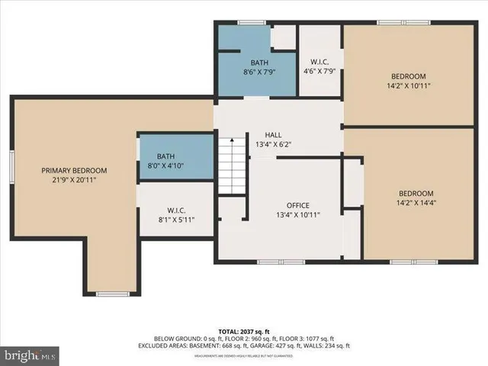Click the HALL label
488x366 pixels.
273,134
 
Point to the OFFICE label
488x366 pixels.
297,205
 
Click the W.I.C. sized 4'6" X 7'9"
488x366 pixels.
319,66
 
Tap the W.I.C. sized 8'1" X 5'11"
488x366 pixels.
176,216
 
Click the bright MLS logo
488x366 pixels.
30,355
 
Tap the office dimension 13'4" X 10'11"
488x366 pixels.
297,215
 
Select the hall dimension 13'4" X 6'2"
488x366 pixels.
273,144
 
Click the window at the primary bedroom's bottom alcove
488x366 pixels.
111,294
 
